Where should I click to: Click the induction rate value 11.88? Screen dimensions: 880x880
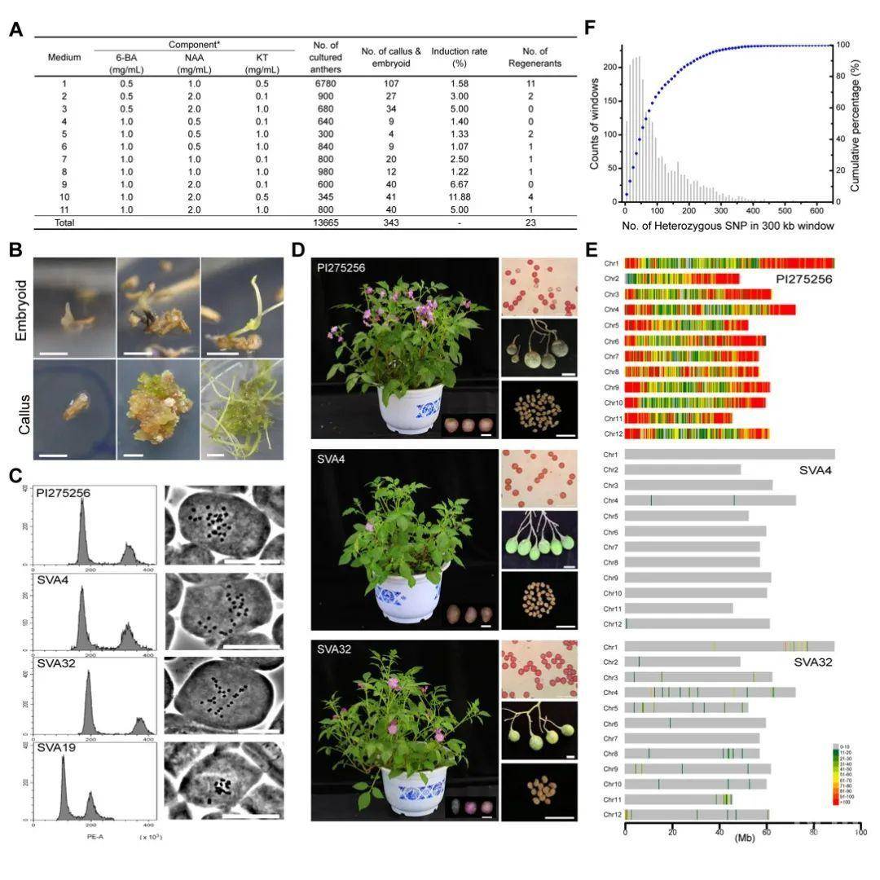[x=459, y=197]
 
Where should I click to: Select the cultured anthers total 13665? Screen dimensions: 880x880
[x=325, y=223]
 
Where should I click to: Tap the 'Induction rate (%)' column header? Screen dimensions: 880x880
[x=459, y=57]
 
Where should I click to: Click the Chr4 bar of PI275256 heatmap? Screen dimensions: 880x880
[x=710, y=310]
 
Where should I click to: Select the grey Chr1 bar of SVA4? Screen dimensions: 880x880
[x=729, y=454]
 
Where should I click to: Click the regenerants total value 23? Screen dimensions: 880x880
[x=530, y=223]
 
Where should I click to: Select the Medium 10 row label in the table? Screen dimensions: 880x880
[x=64, y=197]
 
